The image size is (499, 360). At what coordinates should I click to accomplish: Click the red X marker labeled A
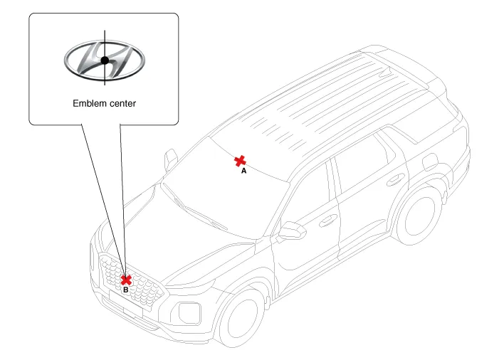[241, 161]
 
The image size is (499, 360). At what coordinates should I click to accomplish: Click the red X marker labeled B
[126, 280]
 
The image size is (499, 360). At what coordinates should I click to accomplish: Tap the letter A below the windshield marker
[244, 171]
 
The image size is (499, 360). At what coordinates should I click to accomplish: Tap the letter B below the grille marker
[126, 290]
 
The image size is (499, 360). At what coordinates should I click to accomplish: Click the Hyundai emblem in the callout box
[104, 60]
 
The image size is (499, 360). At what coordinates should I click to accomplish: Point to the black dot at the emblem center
[105, 60]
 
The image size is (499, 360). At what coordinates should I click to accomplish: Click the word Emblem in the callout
[90, 103]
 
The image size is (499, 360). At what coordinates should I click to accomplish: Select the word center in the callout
[122, 103]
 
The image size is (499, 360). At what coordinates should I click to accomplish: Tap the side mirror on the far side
[171, 159]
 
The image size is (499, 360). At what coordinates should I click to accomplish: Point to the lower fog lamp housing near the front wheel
[189, 312]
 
